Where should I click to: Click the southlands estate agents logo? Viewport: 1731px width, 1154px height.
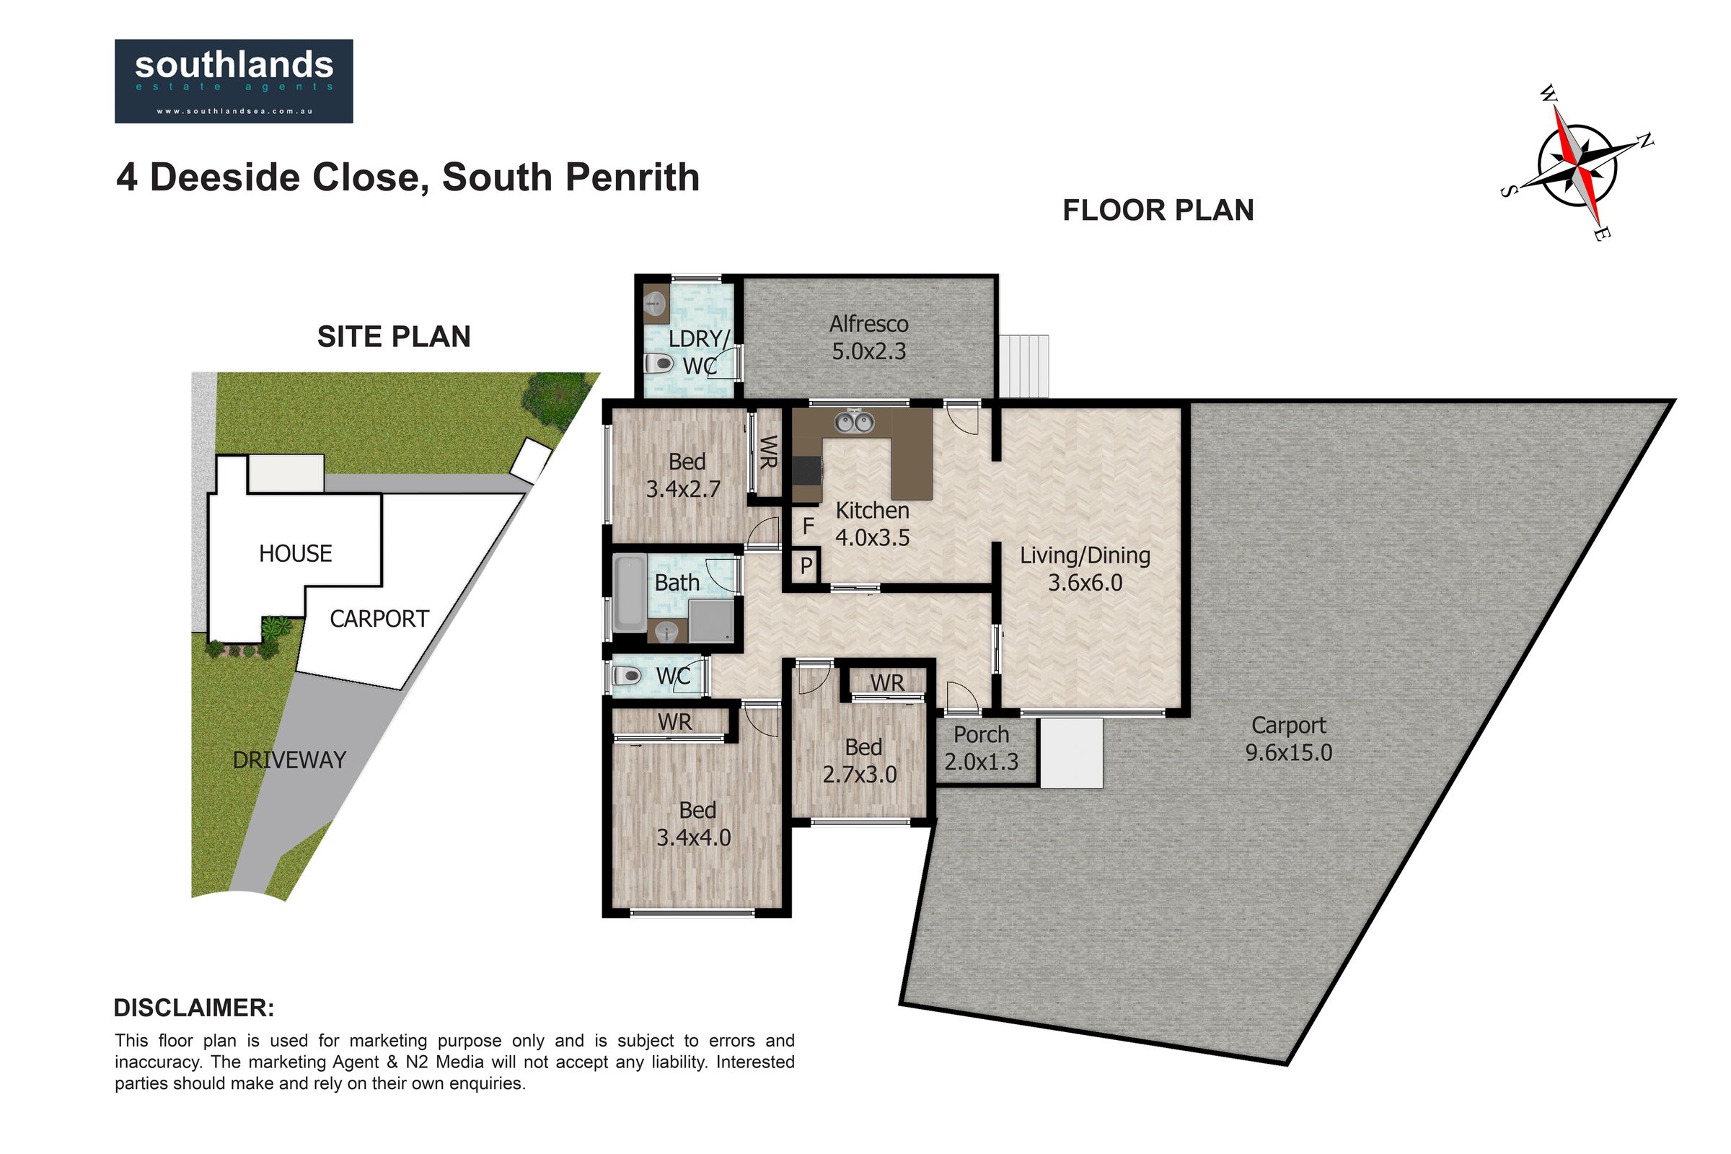[x=234, y=81]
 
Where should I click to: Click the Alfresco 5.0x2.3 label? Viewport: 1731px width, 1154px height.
[x=868, y=338]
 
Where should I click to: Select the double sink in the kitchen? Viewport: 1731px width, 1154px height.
[x=853, y=423]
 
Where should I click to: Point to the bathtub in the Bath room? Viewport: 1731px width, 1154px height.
[x=628, y=593]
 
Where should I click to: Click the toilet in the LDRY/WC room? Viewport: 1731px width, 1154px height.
[x=659, y=363]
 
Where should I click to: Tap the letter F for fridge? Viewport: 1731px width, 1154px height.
[x=808, y=527]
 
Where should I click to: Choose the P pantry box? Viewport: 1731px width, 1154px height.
[x=806, y=567]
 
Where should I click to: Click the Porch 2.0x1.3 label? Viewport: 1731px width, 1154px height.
[x=981, y=748]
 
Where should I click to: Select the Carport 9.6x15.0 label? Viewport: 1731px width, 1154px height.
[x=1289, y=739]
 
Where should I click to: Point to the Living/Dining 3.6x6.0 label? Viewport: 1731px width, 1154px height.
[x=1085, y=569]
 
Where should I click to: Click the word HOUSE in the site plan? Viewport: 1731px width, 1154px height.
[x=295, y=553]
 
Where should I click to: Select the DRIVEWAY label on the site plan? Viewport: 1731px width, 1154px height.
[x=289, y=759]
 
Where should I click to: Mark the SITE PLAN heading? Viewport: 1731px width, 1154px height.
[x=394, y=336]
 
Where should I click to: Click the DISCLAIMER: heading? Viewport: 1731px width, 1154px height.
[x=194, y=1008]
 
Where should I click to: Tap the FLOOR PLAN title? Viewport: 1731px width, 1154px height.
[x=1158, y=211]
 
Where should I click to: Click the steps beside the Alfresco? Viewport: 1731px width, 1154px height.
[x=1023, y=366]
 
